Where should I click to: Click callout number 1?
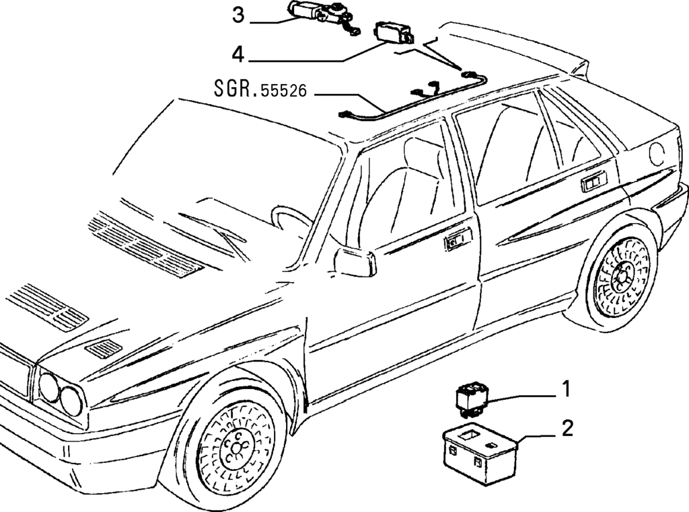click(567, 388)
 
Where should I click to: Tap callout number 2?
click(568, 429)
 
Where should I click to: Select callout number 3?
click(238, 15)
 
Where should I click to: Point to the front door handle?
click(458, 239)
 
